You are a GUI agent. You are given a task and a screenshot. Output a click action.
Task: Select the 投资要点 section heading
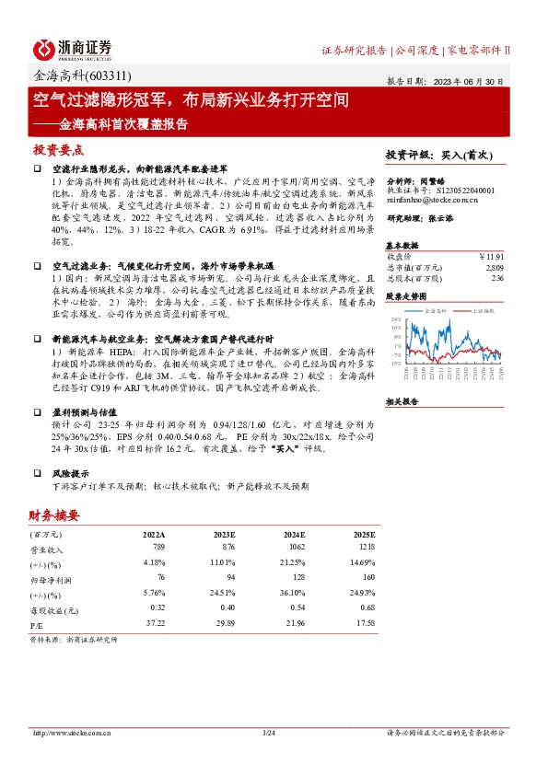(58, 149)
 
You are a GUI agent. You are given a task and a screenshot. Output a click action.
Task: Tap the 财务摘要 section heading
(53, 515)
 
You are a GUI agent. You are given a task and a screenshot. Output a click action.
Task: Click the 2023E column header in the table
(225, 533)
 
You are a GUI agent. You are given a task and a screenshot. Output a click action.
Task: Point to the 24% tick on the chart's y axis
(394, 318)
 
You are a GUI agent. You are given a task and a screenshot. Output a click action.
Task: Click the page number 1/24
(269, 733)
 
